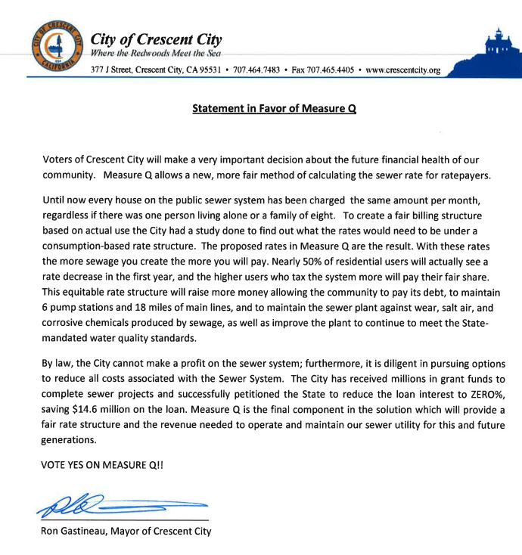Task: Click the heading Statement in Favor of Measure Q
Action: pos(274,109)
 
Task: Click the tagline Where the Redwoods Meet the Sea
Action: pos(155,53)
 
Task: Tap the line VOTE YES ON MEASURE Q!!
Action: pos(101,466)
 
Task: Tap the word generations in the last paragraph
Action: pos(70,439)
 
